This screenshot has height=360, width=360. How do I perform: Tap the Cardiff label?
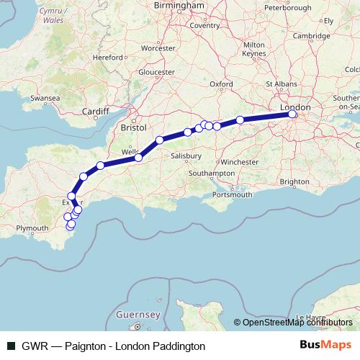tap(95, 112)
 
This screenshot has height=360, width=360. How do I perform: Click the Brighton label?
tap(295, 181)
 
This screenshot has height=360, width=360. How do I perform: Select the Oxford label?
tap(221, 84)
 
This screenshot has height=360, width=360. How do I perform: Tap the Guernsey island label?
tap(138, 315)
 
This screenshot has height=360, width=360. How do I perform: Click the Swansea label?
tap(45, 96)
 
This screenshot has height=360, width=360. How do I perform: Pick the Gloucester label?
tap(156, 73)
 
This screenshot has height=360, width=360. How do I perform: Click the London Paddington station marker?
tap(292, 114)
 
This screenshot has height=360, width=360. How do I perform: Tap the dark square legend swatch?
tap(12, 346)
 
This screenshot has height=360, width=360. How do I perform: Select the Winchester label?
tap(239, 162)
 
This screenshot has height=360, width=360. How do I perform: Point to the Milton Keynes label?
tap(254, 49)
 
